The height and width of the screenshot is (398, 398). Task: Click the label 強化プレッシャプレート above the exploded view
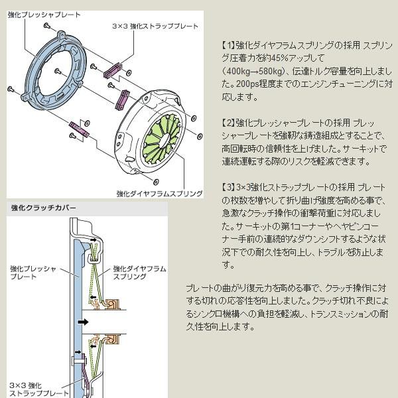[x=44, y=15]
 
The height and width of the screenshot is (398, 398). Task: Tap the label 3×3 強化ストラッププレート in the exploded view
[x=155, y=26]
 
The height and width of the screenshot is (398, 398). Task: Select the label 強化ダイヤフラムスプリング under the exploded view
[x=159, y=194]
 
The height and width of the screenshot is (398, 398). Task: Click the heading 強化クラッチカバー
[x=43, y=208]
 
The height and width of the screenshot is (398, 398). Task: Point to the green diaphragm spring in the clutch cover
[x=161, y=139]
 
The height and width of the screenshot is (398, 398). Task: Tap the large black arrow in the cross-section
[x=83, y=322]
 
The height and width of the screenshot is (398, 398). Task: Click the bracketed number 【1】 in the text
[x=229, y=45]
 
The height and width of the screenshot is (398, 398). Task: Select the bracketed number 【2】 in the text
[x=229, y=123]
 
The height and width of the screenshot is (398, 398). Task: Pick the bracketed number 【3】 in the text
[x=229, y=187]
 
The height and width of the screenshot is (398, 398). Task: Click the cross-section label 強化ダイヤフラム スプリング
[x=139, y=273]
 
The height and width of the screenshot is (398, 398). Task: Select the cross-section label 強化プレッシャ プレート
[x=33, y=273]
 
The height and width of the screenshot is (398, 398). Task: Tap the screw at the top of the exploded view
[x=47, y=25]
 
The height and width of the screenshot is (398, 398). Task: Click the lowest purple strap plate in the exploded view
[x=79, y=129]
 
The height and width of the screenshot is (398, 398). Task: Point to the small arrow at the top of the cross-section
[x=94, y=240]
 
